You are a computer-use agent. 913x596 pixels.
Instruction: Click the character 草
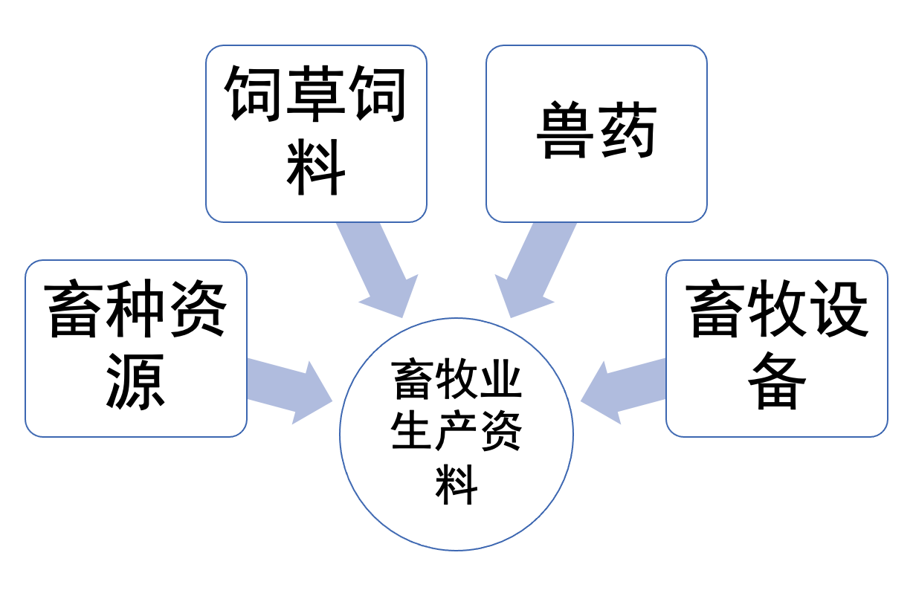(x=316, y=92)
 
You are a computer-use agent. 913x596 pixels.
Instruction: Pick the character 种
(x=136, y=308)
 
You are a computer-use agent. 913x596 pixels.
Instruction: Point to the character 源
(x=136, y=380)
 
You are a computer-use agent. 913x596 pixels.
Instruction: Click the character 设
(x=838, y=308)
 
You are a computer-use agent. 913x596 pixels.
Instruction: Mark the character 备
(x=777, y=380)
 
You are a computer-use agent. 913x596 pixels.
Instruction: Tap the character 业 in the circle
(x=500, y=380)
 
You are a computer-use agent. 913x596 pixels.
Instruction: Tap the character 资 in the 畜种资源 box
(x=197, y=308)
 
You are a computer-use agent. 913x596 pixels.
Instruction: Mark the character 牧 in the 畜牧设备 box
(x=777, y=308)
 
